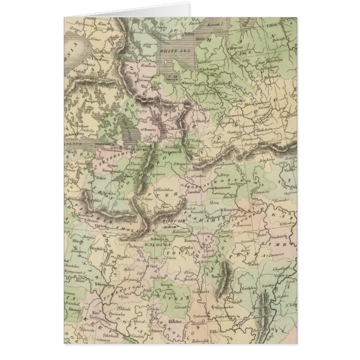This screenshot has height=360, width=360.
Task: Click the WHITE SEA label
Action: click(x=170, y=51)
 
